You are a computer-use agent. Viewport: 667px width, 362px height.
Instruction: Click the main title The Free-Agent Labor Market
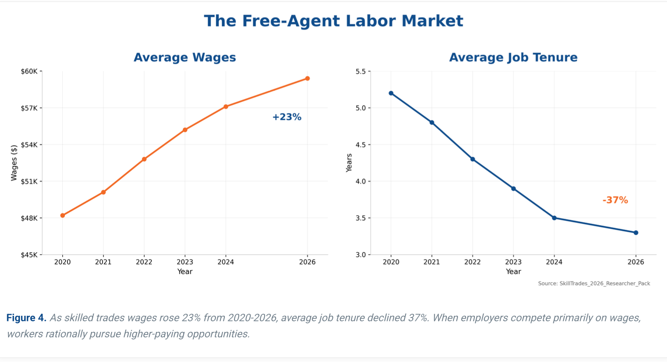click(x=333, y=21)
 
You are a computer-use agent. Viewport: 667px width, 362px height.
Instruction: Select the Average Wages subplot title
click(x=184, y=57)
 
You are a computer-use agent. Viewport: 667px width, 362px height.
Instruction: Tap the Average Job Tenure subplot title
click(x=513, y=57)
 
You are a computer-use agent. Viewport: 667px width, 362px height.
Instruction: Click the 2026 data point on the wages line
click(x=307, y=78)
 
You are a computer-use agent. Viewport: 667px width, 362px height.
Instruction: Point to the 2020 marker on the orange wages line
click(x=63, y=215)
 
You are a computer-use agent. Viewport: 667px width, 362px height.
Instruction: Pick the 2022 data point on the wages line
click(x=144, y=159)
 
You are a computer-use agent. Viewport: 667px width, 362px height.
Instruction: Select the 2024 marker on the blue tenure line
click(x=554, y=218)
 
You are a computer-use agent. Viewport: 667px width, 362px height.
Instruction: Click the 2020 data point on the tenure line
click(x=391, y=93)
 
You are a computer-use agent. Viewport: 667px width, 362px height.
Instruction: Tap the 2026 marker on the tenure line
click(x=636, y=233)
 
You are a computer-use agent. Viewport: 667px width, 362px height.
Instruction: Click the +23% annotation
click(x=287, y=117)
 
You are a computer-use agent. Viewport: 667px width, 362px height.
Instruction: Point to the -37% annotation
click(x=615, y=200)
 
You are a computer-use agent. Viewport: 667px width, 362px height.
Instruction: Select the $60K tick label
click(x=29, y=71)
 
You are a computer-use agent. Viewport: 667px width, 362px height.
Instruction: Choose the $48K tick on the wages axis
click(x=29, y=218)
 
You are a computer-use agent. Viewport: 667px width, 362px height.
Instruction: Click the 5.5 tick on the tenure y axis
click(x=360, y=71)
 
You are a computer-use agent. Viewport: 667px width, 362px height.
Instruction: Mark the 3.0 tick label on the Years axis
click(x=360, y=255)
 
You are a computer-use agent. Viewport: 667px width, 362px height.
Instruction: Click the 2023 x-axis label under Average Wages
click(x=185, y=262)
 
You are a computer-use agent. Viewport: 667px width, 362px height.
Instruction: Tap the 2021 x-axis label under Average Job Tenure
click(x=432, y=262)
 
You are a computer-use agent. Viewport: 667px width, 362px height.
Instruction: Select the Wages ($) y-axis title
click(x=14, y=163)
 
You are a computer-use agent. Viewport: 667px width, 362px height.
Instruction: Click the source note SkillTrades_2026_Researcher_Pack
click(x=594, y=283)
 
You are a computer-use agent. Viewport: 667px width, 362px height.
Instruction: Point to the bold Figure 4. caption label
click(x=26, y=318)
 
